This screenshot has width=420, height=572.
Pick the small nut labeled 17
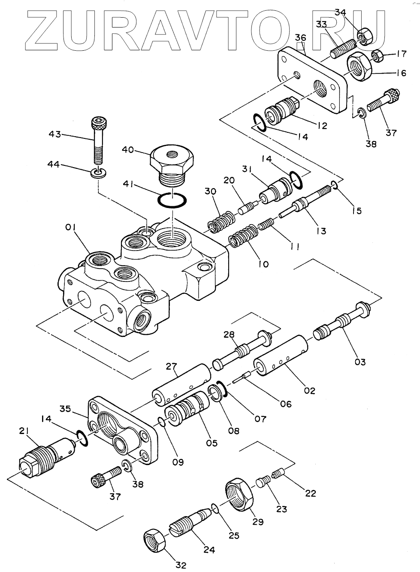point(376,55)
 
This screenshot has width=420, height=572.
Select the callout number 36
point(300,38)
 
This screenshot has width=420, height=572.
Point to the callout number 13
point(321,231)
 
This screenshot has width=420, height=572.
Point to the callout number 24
point(209,550)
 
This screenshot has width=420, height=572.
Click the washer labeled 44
point(99,173)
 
